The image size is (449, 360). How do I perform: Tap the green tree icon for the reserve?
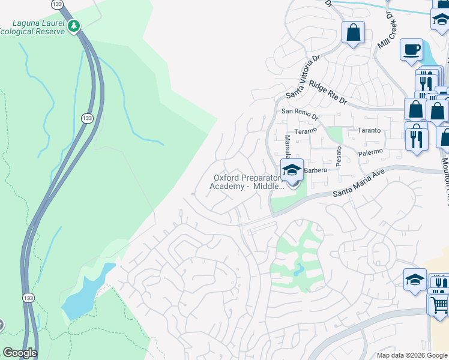pyautogui.click(x=74, y=26)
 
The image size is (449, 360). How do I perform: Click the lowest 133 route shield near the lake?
pyautogui.click(x=28, y=297)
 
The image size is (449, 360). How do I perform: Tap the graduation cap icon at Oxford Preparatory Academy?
pyautogui.click(x=292, y=170)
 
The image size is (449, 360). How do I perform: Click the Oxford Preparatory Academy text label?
pyautogui.click(x=247, y=182)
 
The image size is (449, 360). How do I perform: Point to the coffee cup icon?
pyautogui.click(x=412, y=49)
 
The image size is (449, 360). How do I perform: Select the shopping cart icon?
pyautogui.click(x=439, y=304)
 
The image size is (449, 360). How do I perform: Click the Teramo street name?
pyautogui.click(x=305, y=131)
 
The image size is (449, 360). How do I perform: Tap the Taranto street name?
pyautogui.click(x=369, y=130)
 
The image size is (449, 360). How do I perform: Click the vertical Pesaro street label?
pyautogui.click(x=339, y=155)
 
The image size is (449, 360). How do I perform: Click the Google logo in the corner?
pyautogui.click(x=19, y=353)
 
